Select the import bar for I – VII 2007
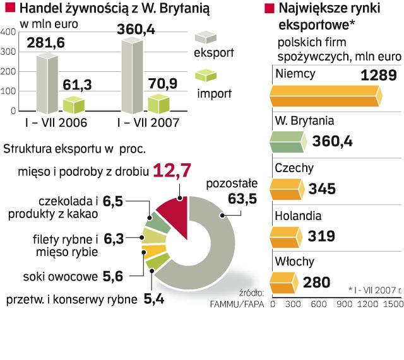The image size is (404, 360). click(158, 105)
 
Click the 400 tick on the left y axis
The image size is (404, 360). click(9, 33)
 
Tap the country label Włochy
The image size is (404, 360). click(291, 260)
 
